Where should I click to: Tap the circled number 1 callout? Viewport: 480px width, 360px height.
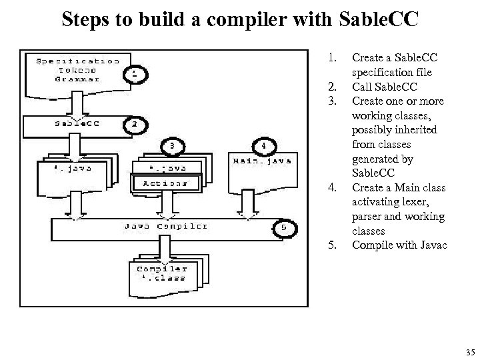[x=136, y=75]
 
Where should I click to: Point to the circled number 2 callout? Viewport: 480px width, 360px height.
[x=135, y=123]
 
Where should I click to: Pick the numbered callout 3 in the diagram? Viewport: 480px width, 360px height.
[x=172, y=145]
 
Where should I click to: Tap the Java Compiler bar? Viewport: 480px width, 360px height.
[x=166, y=227]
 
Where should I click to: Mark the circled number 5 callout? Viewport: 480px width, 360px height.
[x=284, y=227]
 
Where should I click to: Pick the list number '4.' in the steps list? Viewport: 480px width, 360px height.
[x=332, y=187]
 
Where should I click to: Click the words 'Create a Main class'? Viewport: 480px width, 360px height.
[x=398, y=187]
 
